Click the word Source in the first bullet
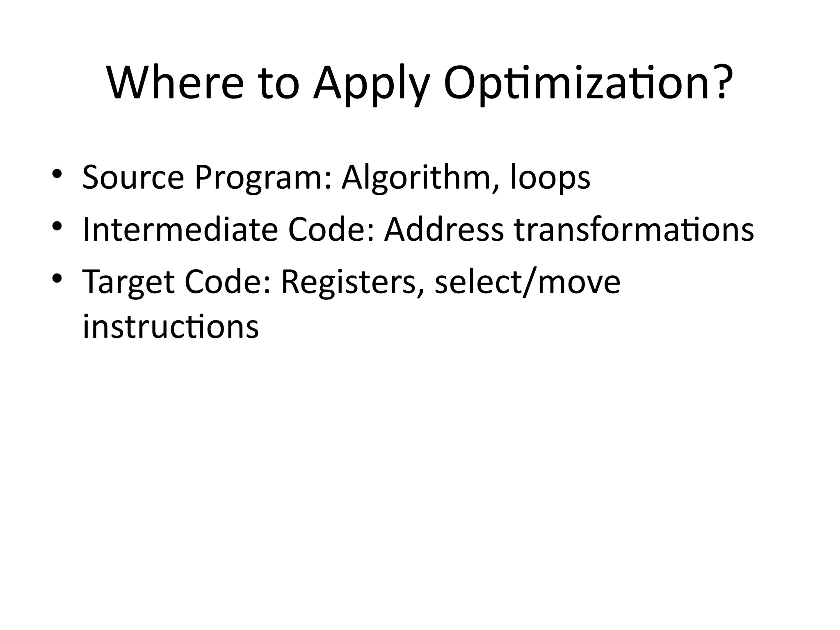coord(133,178)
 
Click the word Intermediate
coord(180,230)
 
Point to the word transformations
coord(634,230)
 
